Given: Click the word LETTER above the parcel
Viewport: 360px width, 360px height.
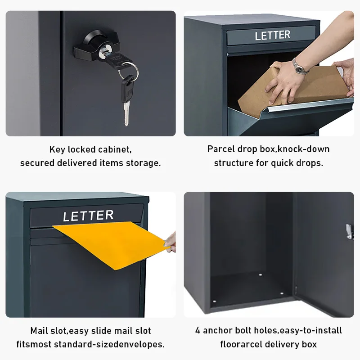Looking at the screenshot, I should coord(272,35).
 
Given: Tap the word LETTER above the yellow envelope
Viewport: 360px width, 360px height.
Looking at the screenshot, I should coord(88,216).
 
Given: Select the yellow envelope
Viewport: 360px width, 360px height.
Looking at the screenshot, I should coord(112,243).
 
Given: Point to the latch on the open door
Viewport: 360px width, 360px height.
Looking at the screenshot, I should coord(348,230).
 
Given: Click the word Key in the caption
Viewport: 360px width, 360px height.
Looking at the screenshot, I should coord(57,149).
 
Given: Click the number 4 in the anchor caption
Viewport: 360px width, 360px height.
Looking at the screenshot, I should coord(198,331).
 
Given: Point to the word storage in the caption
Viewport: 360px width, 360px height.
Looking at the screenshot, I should coord(144,163).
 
